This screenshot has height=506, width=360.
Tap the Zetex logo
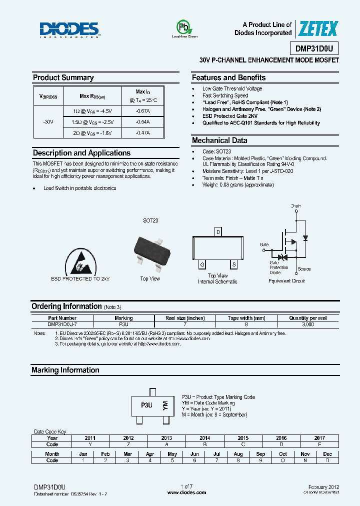click(318, 29)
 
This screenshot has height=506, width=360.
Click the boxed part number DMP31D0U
click(314, 48)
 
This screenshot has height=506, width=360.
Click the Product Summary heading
click(63, 77)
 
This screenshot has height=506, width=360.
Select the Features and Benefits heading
click(228, 77)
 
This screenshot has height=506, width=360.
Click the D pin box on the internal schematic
click(217, 231)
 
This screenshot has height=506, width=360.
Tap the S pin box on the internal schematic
click(233, 264)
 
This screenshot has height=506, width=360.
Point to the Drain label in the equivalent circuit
click(296, 205)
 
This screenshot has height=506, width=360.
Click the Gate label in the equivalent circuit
click(264, 244)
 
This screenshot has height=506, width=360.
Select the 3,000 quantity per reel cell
click(308, 324)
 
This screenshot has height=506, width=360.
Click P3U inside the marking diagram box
click(146, 405)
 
